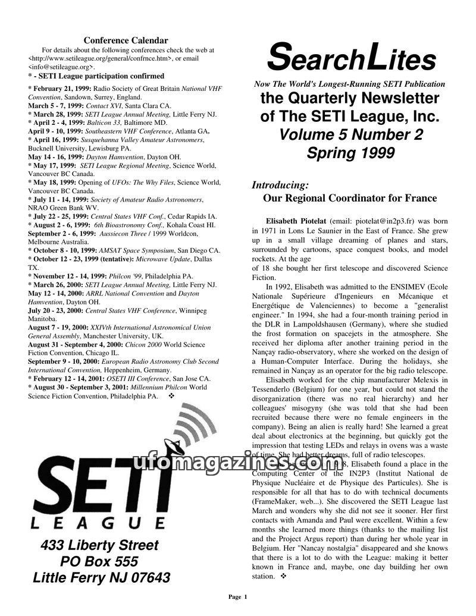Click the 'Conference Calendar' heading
126,40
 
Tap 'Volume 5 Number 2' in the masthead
351,135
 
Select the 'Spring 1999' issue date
350,153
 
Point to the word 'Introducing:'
280,185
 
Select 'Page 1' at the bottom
238,596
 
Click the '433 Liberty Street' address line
99,545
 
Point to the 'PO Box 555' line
99,561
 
